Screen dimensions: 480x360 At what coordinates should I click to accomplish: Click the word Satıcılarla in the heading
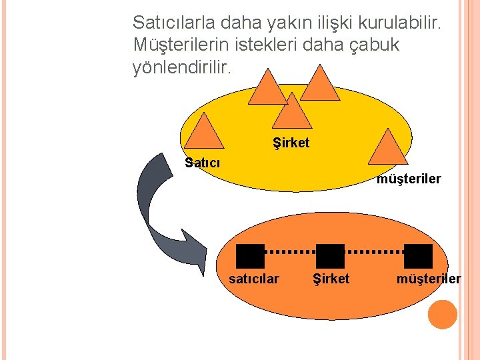[172, 23]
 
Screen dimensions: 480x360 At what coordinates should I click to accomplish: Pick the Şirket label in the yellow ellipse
[291, 143]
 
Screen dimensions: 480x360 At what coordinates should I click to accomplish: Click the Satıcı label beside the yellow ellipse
[202, 162]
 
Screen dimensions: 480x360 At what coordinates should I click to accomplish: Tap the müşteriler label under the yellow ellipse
[409, 179]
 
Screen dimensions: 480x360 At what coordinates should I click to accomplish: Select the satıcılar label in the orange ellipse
[254, 279]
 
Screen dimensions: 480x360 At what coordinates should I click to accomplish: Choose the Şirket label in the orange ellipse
[331, 279]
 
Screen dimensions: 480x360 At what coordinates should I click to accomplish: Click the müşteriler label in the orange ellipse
[428, 279]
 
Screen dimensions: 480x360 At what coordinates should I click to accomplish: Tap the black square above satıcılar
[251, 256]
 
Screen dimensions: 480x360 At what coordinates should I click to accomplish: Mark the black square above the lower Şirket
[330, 256]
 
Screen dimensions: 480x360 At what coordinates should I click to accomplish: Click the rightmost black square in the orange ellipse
[419, 256]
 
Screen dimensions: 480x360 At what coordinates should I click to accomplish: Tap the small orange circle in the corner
[442, 315]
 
